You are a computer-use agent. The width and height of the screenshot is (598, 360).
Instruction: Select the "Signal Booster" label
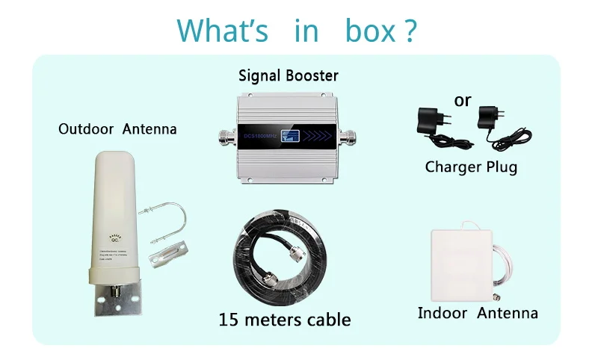289,75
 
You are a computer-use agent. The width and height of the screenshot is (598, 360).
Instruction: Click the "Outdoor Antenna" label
117,129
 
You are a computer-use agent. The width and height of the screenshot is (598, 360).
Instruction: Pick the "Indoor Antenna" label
478,313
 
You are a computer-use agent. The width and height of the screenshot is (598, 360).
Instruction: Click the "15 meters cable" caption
285,320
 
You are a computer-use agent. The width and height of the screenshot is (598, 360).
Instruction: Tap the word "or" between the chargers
463,99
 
